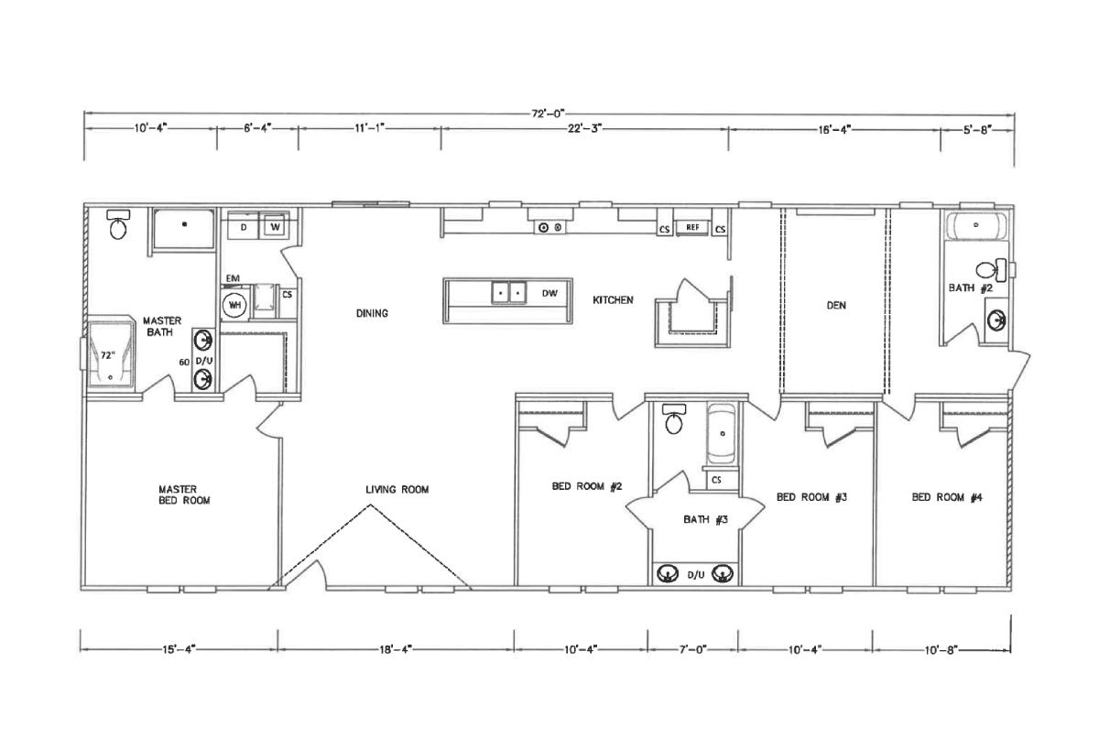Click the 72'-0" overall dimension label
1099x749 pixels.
[549, 114]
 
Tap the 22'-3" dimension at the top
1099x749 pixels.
[585, 128]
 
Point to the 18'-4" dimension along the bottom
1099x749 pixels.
[396, 650]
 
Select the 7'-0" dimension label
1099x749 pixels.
[692, 650]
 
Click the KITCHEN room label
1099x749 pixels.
[613, 299]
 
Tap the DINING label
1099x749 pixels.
[372, 313]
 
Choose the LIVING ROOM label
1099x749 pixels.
[397, 489]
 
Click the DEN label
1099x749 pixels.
[836, 305]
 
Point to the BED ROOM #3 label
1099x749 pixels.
[811, 497]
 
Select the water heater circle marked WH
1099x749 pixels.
[234, 305]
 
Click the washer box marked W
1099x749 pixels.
[275, 226]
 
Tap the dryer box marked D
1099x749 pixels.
[244, 227]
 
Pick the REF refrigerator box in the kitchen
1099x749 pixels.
[692, 227]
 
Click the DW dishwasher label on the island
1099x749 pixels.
[549, 293]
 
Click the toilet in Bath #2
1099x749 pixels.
[991, 270]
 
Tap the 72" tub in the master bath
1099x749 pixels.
[111, 353]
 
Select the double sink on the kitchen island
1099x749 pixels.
[509, 293]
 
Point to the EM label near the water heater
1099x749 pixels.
[233, 278]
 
